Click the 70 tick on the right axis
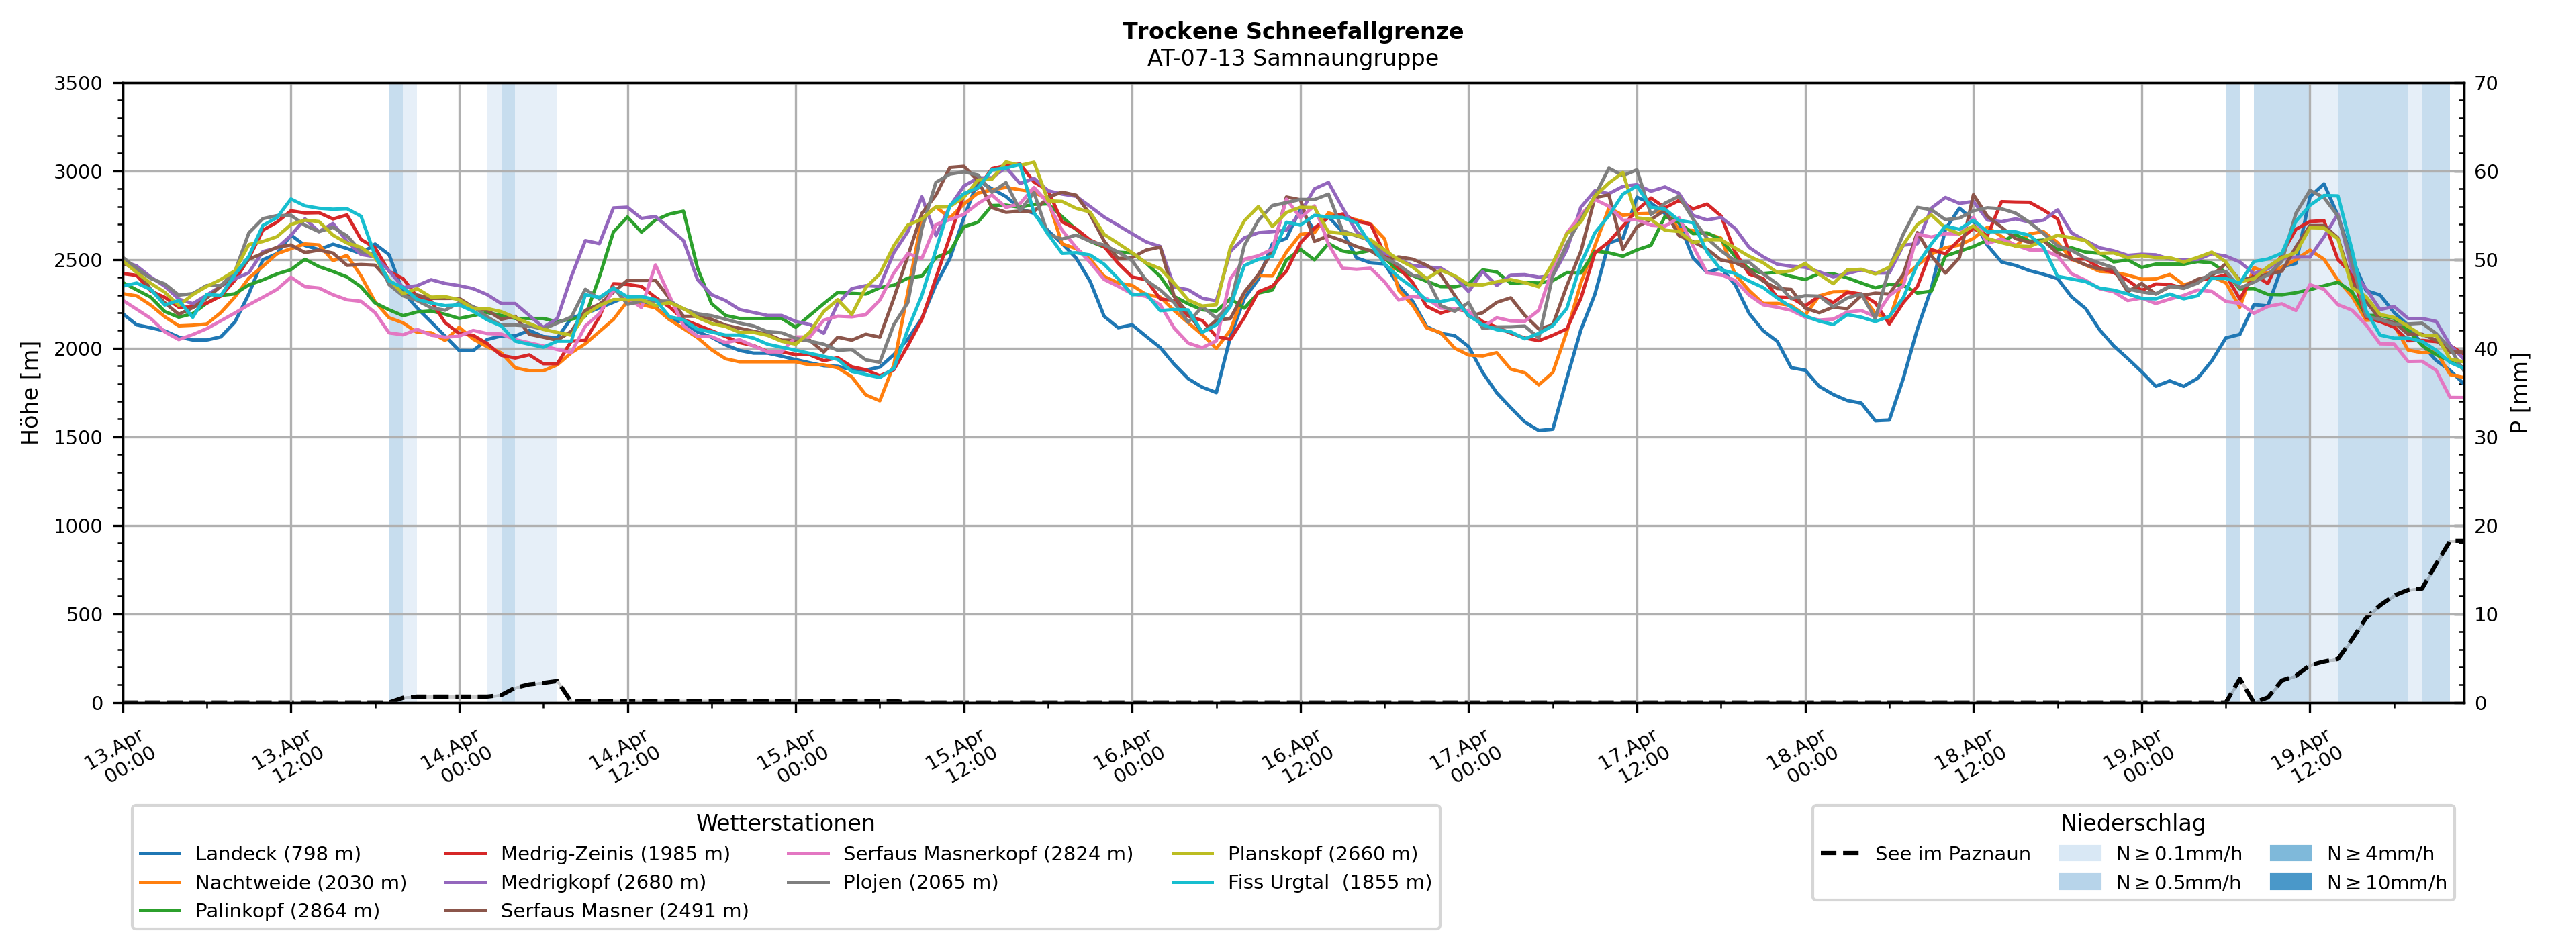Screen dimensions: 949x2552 tap(2487, 83)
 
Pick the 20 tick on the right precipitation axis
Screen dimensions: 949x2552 tap(2487, 526)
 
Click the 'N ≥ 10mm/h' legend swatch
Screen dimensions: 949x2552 tap(2289, 883)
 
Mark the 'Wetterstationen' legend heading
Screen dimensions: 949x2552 tap(785, 824)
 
